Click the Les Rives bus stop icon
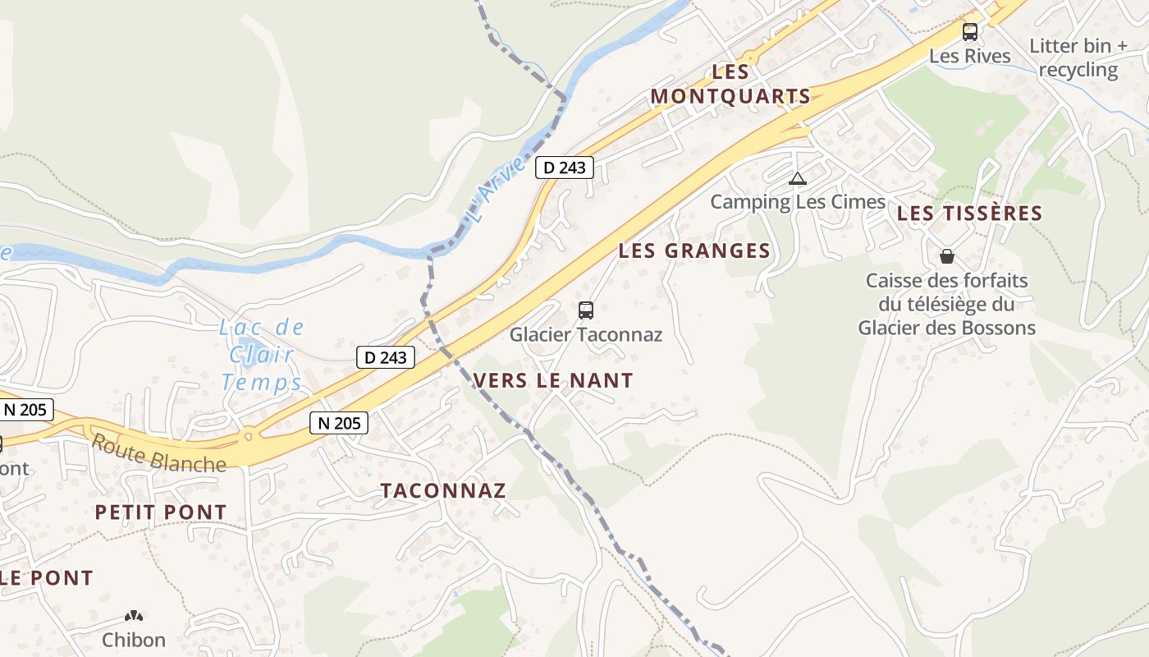point(970,32)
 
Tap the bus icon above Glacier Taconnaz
point(586,310)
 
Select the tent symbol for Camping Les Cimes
point(797,178)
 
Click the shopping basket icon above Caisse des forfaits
point(947,256)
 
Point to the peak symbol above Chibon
point(134,616)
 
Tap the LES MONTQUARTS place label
point(730,84)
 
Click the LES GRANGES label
point(694,250)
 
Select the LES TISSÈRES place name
point(969,214)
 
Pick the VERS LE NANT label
point(553,380)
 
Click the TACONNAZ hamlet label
point(442,490)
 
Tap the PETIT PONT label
point(160,512)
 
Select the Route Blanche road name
point(158,453)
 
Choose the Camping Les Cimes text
point(798,201)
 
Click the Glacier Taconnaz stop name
point(585,334)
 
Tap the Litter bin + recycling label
point(1078,57)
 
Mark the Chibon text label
point(134,640)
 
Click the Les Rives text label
point(970,56)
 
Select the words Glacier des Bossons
point(946,328)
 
